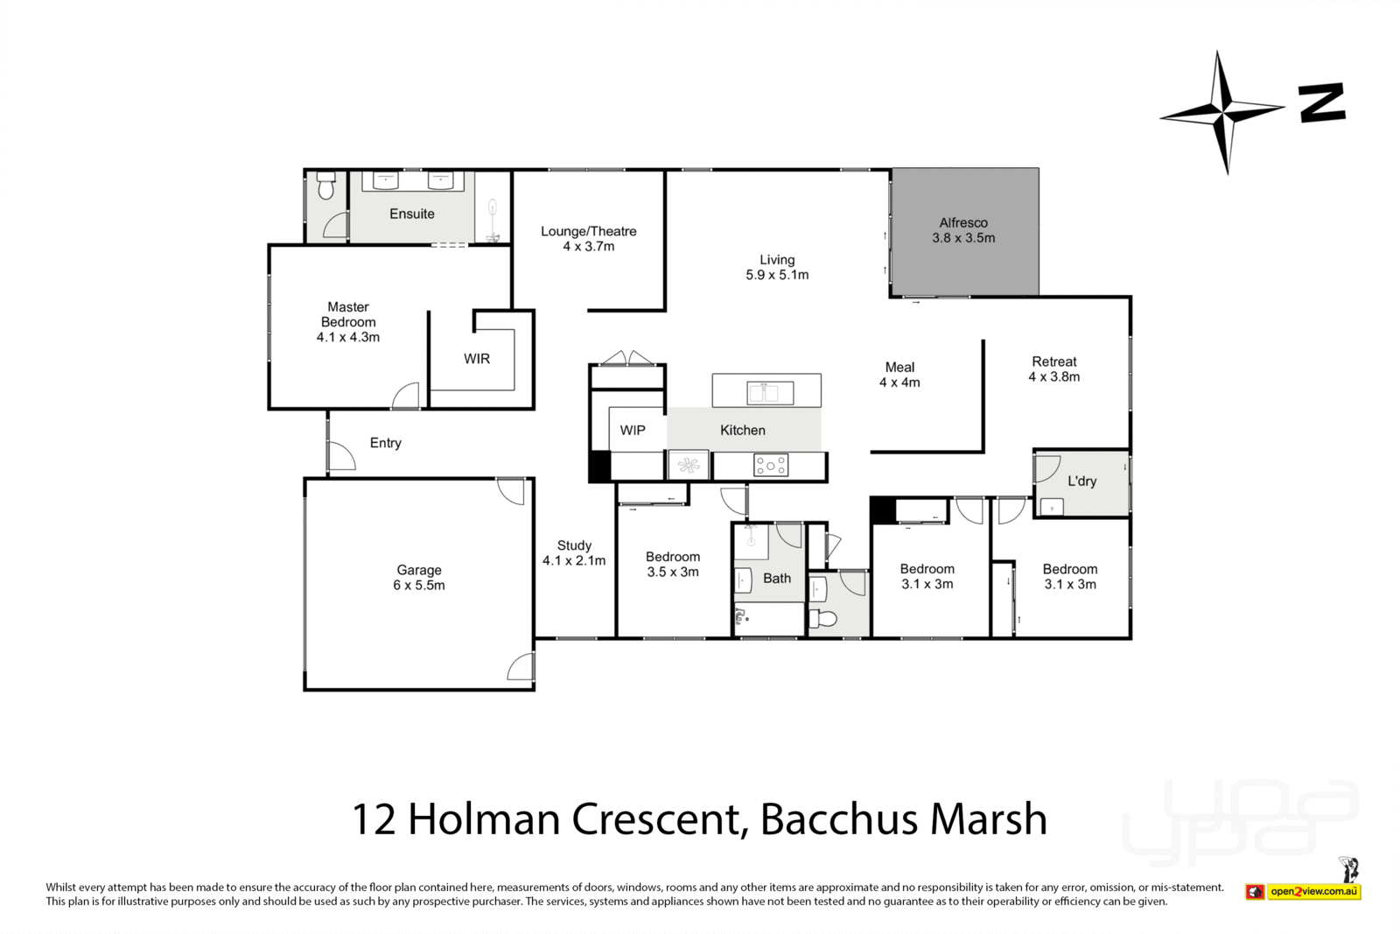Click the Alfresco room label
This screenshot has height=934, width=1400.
pos(963,230)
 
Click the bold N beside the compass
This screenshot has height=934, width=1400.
pos(1321,103)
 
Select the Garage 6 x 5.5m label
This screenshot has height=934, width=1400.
pos(418,578)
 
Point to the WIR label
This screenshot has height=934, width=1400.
pos(477,359)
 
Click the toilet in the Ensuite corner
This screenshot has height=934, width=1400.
pos(326,186)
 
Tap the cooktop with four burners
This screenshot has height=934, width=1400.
pos(770,466)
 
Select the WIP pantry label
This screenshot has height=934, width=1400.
pos(633,431)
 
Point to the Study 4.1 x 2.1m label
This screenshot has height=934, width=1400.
pos(574,553)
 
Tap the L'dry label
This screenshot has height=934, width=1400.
pos(1081,481)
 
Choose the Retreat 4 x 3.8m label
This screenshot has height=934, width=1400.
pos(1053,369)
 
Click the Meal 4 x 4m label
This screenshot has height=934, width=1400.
pos(899,375)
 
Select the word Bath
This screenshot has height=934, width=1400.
pos(777,579)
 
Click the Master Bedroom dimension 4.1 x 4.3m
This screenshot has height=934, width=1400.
pos(348,337)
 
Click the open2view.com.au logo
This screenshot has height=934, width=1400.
pos(1312,891)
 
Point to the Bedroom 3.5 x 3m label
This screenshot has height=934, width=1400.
pos(673,565)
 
